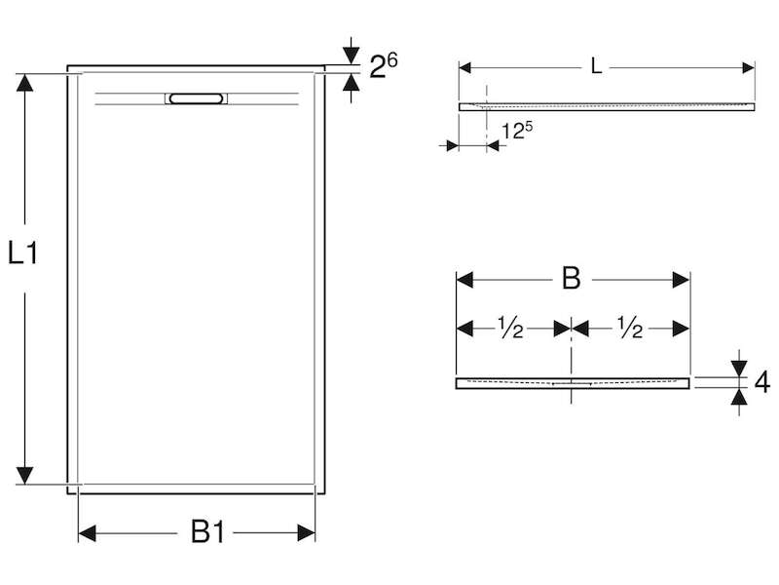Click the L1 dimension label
pyautogui.click(x=22, y=253)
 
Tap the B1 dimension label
pyautogui.click(x=207, y=531)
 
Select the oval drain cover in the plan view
pyautogui.click(x=196, y=98)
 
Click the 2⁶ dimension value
pyautogui.click(x=383, y=65)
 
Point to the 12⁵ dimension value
pyautogui.click(x=517, y=131)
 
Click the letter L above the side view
pyautogui.click(x=596, y=66)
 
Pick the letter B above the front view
pyautogui.click(x=571, y=279)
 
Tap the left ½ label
pyautogui.click(x=510, y=328)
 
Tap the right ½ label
pyautogui.click(x=629, y=328)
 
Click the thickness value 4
pyautogui.click(x=762, y=382)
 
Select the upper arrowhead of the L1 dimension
pyautogui.click(x=24, y=83)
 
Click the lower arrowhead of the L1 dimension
pyautogui.click(x=24, y=475)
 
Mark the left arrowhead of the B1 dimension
pyautogui.click(x=88, y=533)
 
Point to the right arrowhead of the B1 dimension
pyautogui.click(x=306, y=533)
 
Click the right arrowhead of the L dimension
pyautogui.click(x=748, y=67)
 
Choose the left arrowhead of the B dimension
pyautogui.click(x=464, y=280)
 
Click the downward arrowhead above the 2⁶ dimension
pyautogui.click(x=352, y=56)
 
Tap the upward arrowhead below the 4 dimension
pyautogui.click(x=739, y=397)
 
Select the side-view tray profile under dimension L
pyautogui.click(x=607, y=106)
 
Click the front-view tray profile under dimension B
pyautogui.click(x=573, y=383)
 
